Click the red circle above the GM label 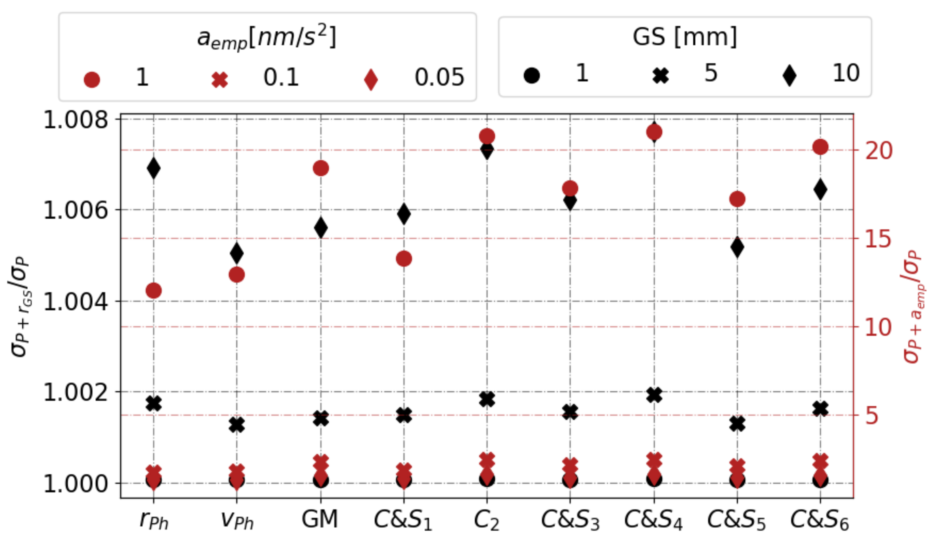click(321, 168)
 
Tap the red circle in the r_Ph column click(153, 290)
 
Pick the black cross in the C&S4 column click(654, 395)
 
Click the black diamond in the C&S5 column click(737, 247)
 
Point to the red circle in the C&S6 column click(820, 147)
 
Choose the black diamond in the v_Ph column click(237, 253)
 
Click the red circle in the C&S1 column click(404, 259)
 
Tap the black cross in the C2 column click(486, 399)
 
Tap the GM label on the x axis click(320, 519)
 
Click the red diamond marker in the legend click(371, 79)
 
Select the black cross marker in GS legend click(661, 75)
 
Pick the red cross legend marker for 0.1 click(220, 79)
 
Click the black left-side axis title click(21, 306)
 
